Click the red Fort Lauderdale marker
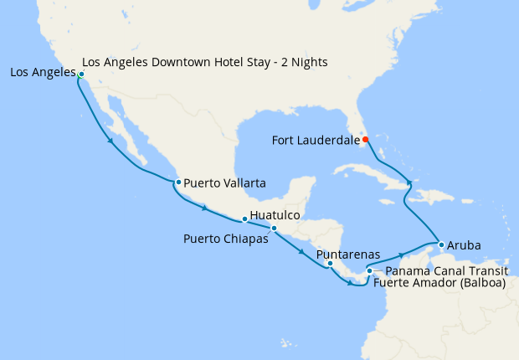(365, 140)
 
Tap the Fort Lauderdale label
(316, 140)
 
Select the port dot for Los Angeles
(81, 75)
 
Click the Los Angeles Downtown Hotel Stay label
(205, 62)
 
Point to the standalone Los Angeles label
(43, 73)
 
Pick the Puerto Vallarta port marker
(177, 182)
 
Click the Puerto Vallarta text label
(224, 182)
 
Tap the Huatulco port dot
(244, 219)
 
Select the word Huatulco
(275, 215)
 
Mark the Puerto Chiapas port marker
(274, 228)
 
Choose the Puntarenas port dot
(330, 264)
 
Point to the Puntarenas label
(348, 254)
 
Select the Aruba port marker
(440, 245)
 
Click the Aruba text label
(464, 245)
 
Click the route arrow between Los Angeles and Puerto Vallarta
(110, 141)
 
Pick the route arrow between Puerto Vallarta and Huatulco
(204, 207)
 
